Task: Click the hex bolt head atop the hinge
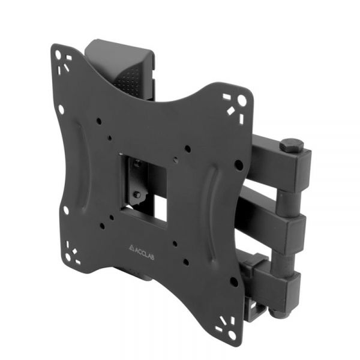[x=291, y=145]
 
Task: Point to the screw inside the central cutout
[x=137, y=194]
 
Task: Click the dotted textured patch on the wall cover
[x=127, y=77]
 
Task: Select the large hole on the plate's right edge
[x=239, y=164]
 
